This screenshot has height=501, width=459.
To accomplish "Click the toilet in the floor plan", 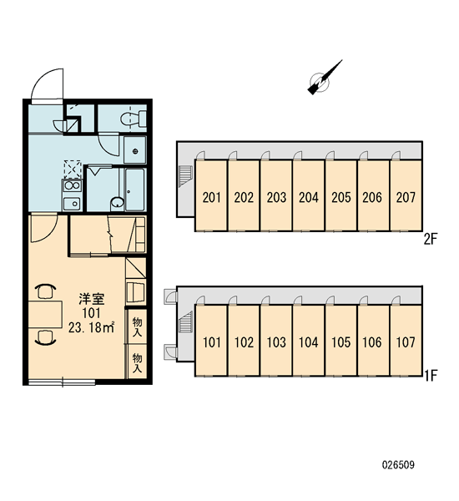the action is pos(134,119).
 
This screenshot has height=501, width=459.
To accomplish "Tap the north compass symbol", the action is pos(323,79).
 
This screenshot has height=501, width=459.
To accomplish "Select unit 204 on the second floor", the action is pos(309,195).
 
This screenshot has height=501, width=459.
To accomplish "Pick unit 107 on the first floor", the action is pos(406,341).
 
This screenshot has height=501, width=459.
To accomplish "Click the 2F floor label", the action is pos(430,239).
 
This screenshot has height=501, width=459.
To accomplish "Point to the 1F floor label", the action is pos(431,376).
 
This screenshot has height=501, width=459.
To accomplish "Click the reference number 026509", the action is pos(398,464).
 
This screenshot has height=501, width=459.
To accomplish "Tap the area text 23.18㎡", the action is pos(91,327).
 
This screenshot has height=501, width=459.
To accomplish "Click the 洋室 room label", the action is pos(92,299).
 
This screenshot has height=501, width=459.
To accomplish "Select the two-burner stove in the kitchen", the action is pos(72,185).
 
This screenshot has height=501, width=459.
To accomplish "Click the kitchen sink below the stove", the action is pos(72,203).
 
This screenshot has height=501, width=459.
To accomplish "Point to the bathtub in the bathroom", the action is pos(135,190).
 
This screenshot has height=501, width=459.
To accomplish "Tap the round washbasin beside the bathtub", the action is pos(118,203).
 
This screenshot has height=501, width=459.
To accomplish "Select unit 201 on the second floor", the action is pos(211,195).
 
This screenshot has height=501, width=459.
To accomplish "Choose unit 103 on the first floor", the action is pos(276,341).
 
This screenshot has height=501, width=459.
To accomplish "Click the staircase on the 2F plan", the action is pos(185,175).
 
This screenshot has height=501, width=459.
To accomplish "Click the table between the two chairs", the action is pos(45,315).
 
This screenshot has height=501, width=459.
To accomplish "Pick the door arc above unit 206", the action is pos(363,155).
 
